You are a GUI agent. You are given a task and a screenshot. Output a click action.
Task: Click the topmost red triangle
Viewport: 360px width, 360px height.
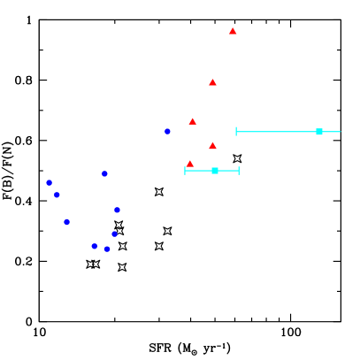[233, 31]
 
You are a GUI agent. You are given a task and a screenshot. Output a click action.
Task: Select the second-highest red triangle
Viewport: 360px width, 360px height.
[212, 82]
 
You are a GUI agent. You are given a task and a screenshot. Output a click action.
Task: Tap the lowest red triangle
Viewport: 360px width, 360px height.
[189, 164]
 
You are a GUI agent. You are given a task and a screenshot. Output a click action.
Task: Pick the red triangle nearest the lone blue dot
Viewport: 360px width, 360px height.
[192, 121]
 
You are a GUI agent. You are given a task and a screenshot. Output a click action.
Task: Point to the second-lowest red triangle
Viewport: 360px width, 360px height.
[212, 145]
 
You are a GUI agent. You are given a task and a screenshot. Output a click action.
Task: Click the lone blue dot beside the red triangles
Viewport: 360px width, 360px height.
[167, 131]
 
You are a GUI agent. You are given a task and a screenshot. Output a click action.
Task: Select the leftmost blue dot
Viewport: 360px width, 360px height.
[49, 182]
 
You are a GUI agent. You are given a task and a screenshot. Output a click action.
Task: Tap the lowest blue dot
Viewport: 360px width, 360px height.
[107, 249]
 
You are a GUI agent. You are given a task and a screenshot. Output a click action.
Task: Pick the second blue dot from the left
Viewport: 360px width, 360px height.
[57, 195]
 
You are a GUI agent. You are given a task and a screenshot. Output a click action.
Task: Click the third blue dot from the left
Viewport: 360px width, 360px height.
[66, 222]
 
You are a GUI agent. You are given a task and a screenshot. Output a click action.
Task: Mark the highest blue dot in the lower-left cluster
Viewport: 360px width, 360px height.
[104, 173]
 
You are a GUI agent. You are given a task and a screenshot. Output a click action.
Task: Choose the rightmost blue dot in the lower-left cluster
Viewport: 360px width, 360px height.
[117, 210]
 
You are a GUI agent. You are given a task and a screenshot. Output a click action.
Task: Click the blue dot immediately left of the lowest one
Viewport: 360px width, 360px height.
[94, 246]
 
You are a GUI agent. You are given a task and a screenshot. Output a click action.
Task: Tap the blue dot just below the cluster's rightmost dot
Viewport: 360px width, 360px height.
[114, 234]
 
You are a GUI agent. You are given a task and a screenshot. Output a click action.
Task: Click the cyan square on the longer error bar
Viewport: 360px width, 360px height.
[319, 132]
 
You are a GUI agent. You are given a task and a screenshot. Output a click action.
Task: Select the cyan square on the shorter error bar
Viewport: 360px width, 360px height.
[215, 171]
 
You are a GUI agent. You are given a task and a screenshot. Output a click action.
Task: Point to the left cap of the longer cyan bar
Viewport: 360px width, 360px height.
[236, 132]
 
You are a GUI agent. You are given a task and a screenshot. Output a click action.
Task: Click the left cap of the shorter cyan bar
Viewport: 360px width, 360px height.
[185, 171]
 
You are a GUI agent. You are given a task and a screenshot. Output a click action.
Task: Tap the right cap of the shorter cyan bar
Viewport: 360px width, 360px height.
[239, 171]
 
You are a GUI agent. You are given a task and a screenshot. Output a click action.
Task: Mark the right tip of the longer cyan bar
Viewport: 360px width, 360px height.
[341, 132]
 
